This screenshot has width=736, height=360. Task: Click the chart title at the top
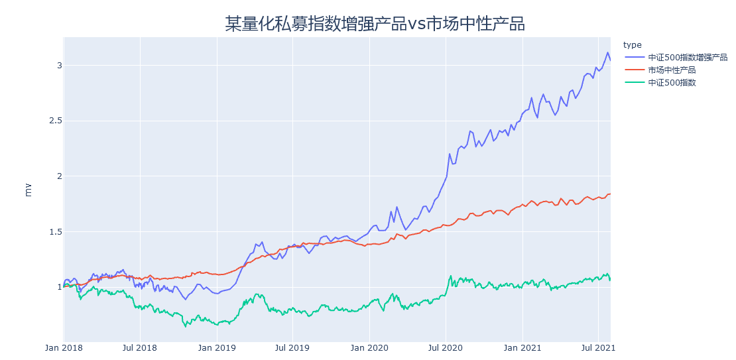click(375, 24)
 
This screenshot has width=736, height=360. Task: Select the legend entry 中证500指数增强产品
click(688, 58)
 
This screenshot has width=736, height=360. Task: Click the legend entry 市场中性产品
click(672, 70)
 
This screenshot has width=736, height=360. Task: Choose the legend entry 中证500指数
click(672, 83)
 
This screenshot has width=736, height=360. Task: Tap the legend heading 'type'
click(633, 45)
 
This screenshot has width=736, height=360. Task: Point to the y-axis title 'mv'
click(28, 190)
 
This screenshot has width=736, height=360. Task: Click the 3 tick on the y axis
click(59, 65)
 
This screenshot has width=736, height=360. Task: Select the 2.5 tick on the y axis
click(54, 121)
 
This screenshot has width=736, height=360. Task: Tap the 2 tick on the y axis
click(59, 176)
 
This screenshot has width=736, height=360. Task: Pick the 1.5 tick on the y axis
click(54, 231)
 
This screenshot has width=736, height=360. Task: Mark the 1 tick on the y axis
click(59, 287)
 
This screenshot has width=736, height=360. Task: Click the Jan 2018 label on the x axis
click(64, 347)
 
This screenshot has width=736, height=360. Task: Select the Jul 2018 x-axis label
click(140, 347)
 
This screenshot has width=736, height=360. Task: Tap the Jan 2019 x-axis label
click(217, 347)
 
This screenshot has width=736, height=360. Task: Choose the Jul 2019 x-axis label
click(292, 347)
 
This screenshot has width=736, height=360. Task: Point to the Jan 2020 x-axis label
click(369, 347)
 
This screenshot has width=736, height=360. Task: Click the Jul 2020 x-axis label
click(446, 347)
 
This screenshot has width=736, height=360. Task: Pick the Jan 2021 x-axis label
click(522, 347)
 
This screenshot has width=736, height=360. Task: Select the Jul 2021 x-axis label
click(598, 347)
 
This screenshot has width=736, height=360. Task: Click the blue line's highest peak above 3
click(607, 52)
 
